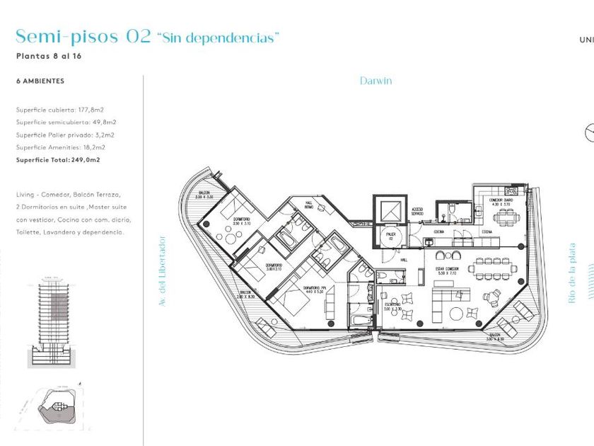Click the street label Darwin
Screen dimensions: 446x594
pos(375,81)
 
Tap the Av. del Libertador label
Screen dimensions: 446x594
pos(163,270)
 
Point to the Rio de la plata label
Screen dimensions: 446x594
pos(573,273)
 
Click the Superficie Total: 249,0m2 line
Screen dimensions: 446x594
pos(58,160)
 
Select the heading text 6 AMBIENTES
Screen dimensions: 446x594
pos(40,81)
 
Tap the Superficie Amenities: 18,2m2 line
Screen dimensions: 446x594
pos(61,147)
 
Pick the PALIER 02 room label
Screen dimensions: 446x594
pos(390,238)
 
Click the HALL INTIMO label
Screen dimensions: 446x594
pos(309,205)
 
